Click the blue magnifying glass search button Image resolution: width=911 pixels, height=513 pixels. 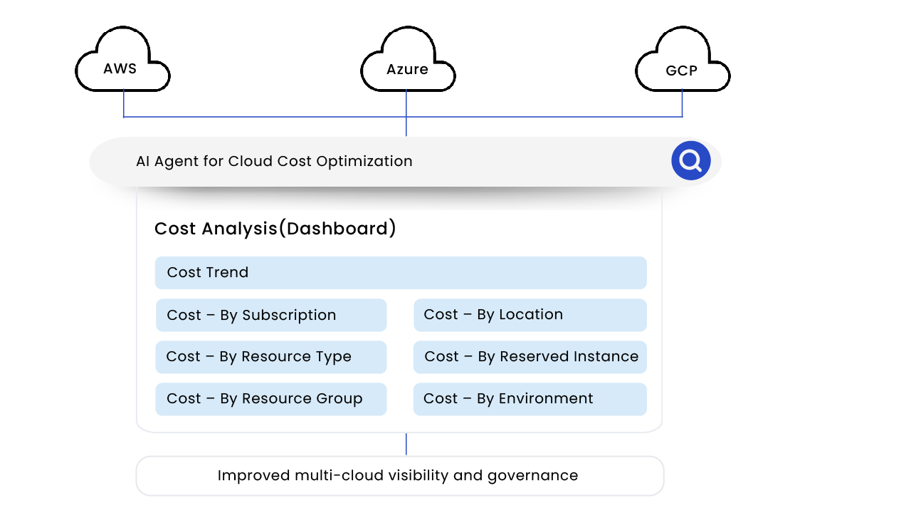[690, 161]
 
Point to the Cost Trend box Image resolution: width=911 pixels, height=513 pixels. [400, 273]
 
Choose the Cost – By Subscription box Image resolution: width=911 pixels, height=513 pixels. [271, 315]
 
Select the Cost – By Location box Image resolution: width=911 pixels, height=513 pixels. [530, 315]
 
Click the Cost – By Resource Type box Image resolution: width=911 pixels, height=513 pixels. [271, 357]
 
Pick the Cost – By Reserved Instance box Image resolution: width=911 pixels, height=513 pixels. [530, 357]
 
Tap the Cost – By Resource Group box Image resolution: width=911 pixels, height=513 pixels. [271, 399]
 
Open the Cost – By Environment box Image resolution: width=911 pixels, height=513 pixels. [530, 399]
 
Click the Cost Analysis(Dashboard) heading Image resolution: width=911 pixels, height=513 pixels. [275, 229]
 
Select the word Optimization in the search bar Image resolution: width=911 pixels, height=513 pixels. [364, 162]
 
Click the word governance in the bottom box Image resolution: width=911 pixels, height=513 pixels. [532, 476]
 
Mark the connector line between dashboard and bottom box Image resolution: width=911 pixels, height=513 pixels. [406, 444]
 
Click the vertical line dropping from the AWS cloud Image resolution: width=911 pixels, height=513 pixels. [124, 104]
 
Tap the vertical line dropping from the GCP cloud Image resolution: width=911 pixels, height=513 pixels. [682, 104]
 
